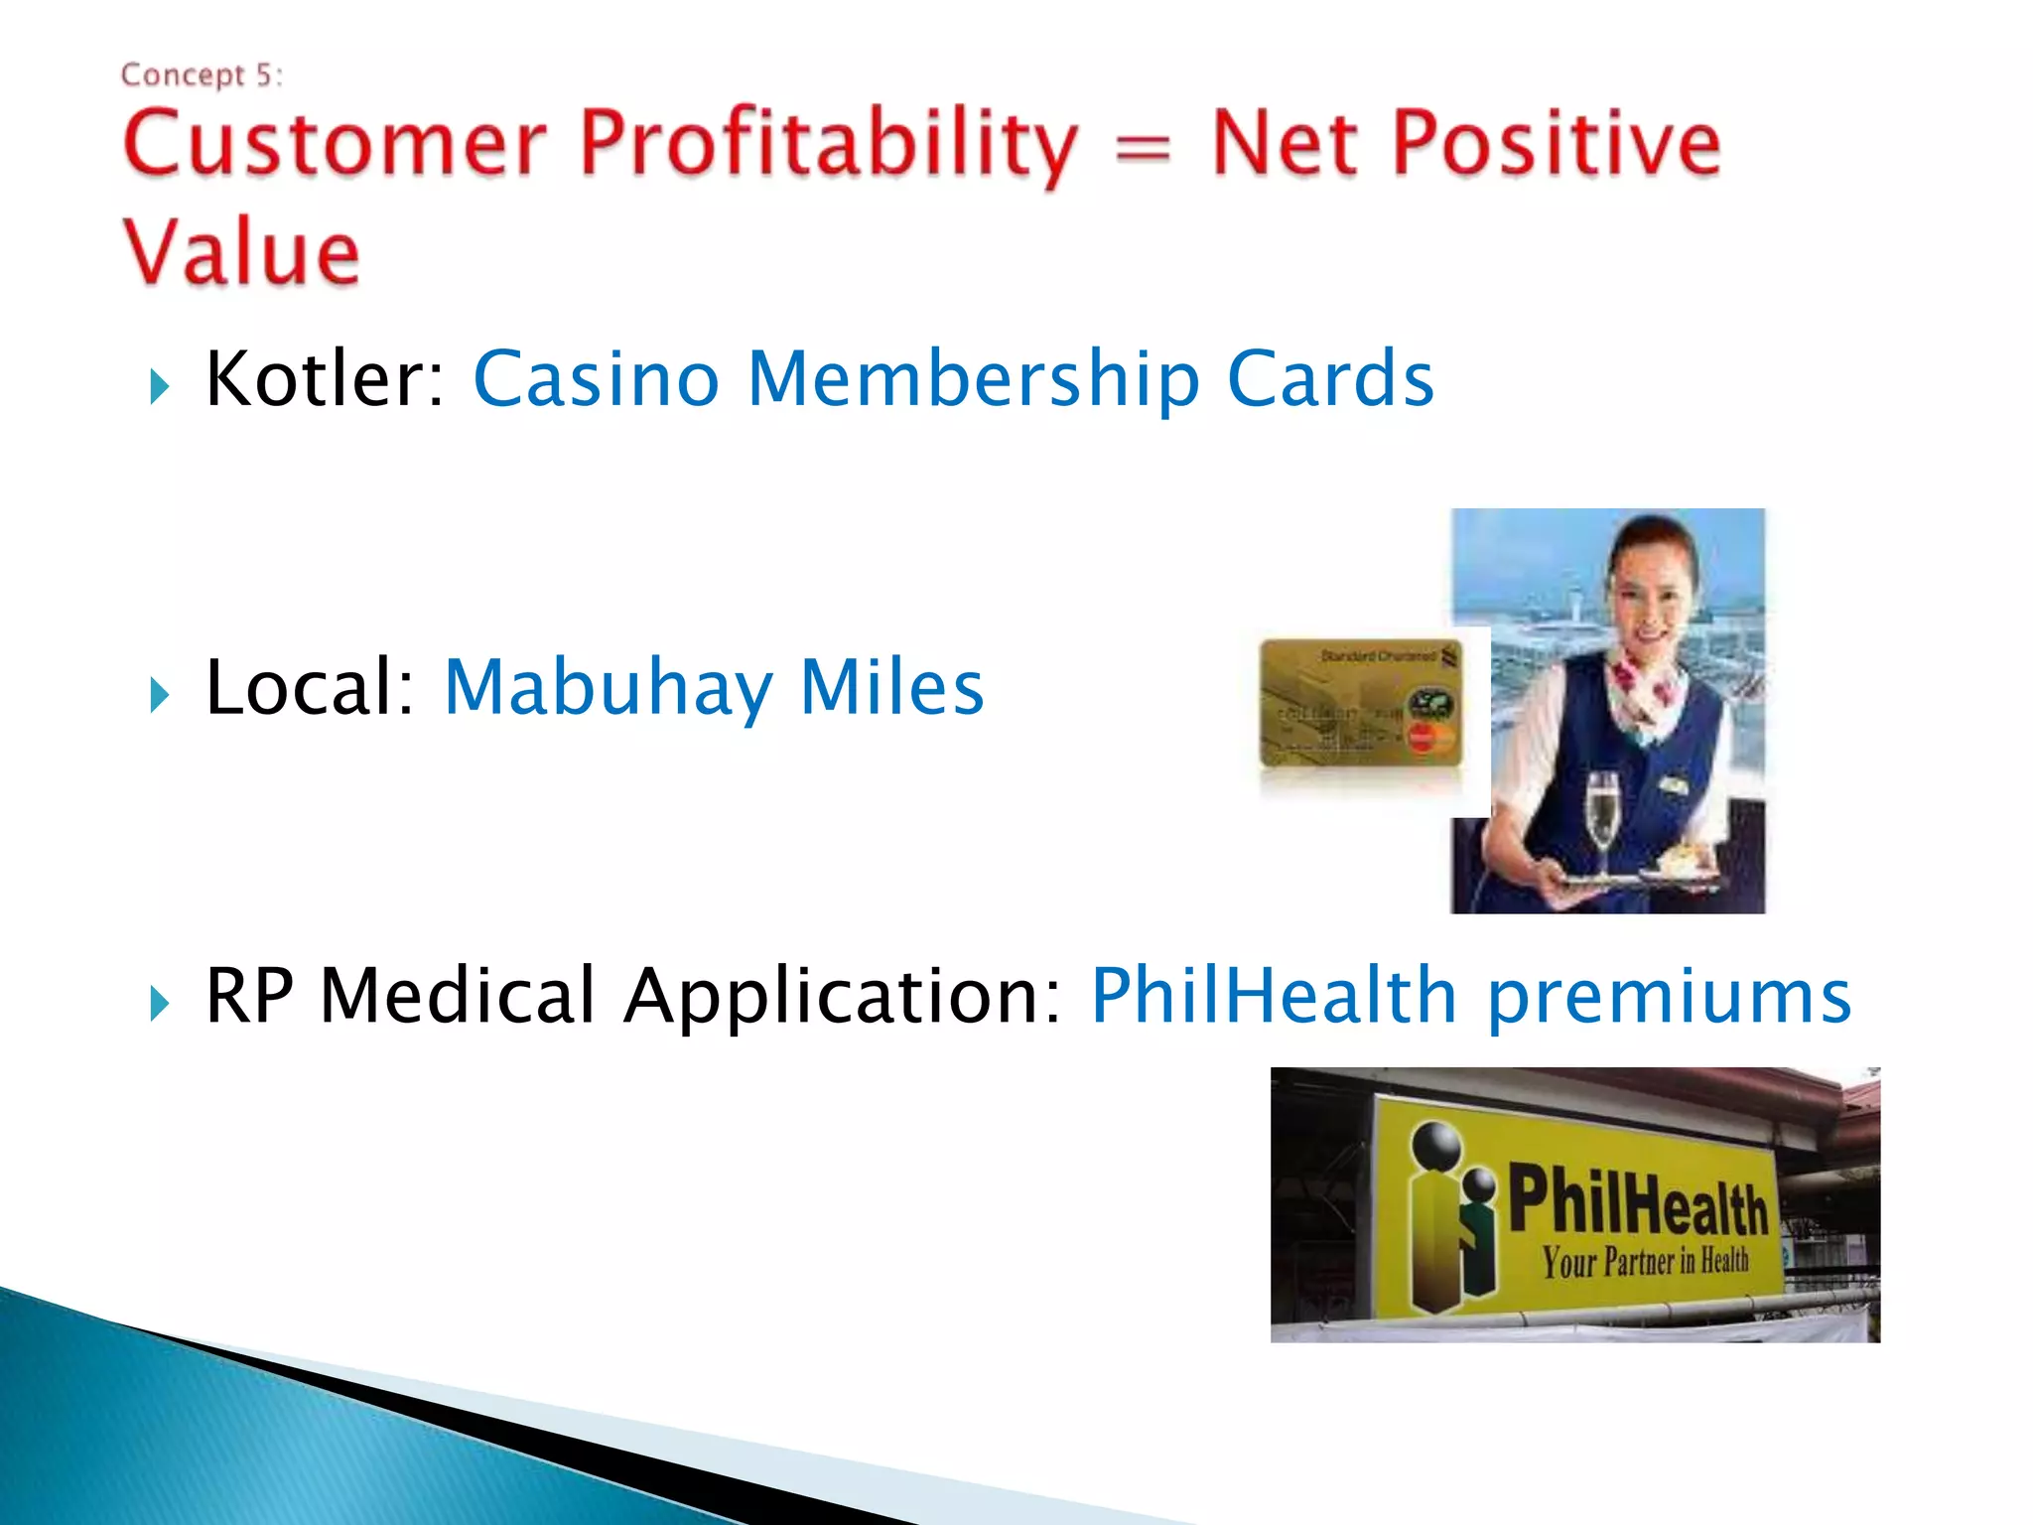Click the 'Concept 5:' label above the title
coord(202,75)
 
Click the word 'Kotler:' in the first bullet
coord(325,379)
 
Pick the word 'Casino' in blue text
coord(596,379)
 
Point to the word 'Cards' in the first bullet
coord(1330,379)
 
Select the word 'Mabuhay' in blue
coord(608,688)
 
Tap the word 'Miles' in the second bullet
coord(891,688)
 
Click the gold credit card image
coord(1360,703)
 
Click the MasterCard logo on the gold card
coord(1426,738)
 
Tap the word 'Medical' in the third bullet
coord(457,995)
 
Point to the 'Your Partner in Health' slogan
coord(1645,1262)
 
